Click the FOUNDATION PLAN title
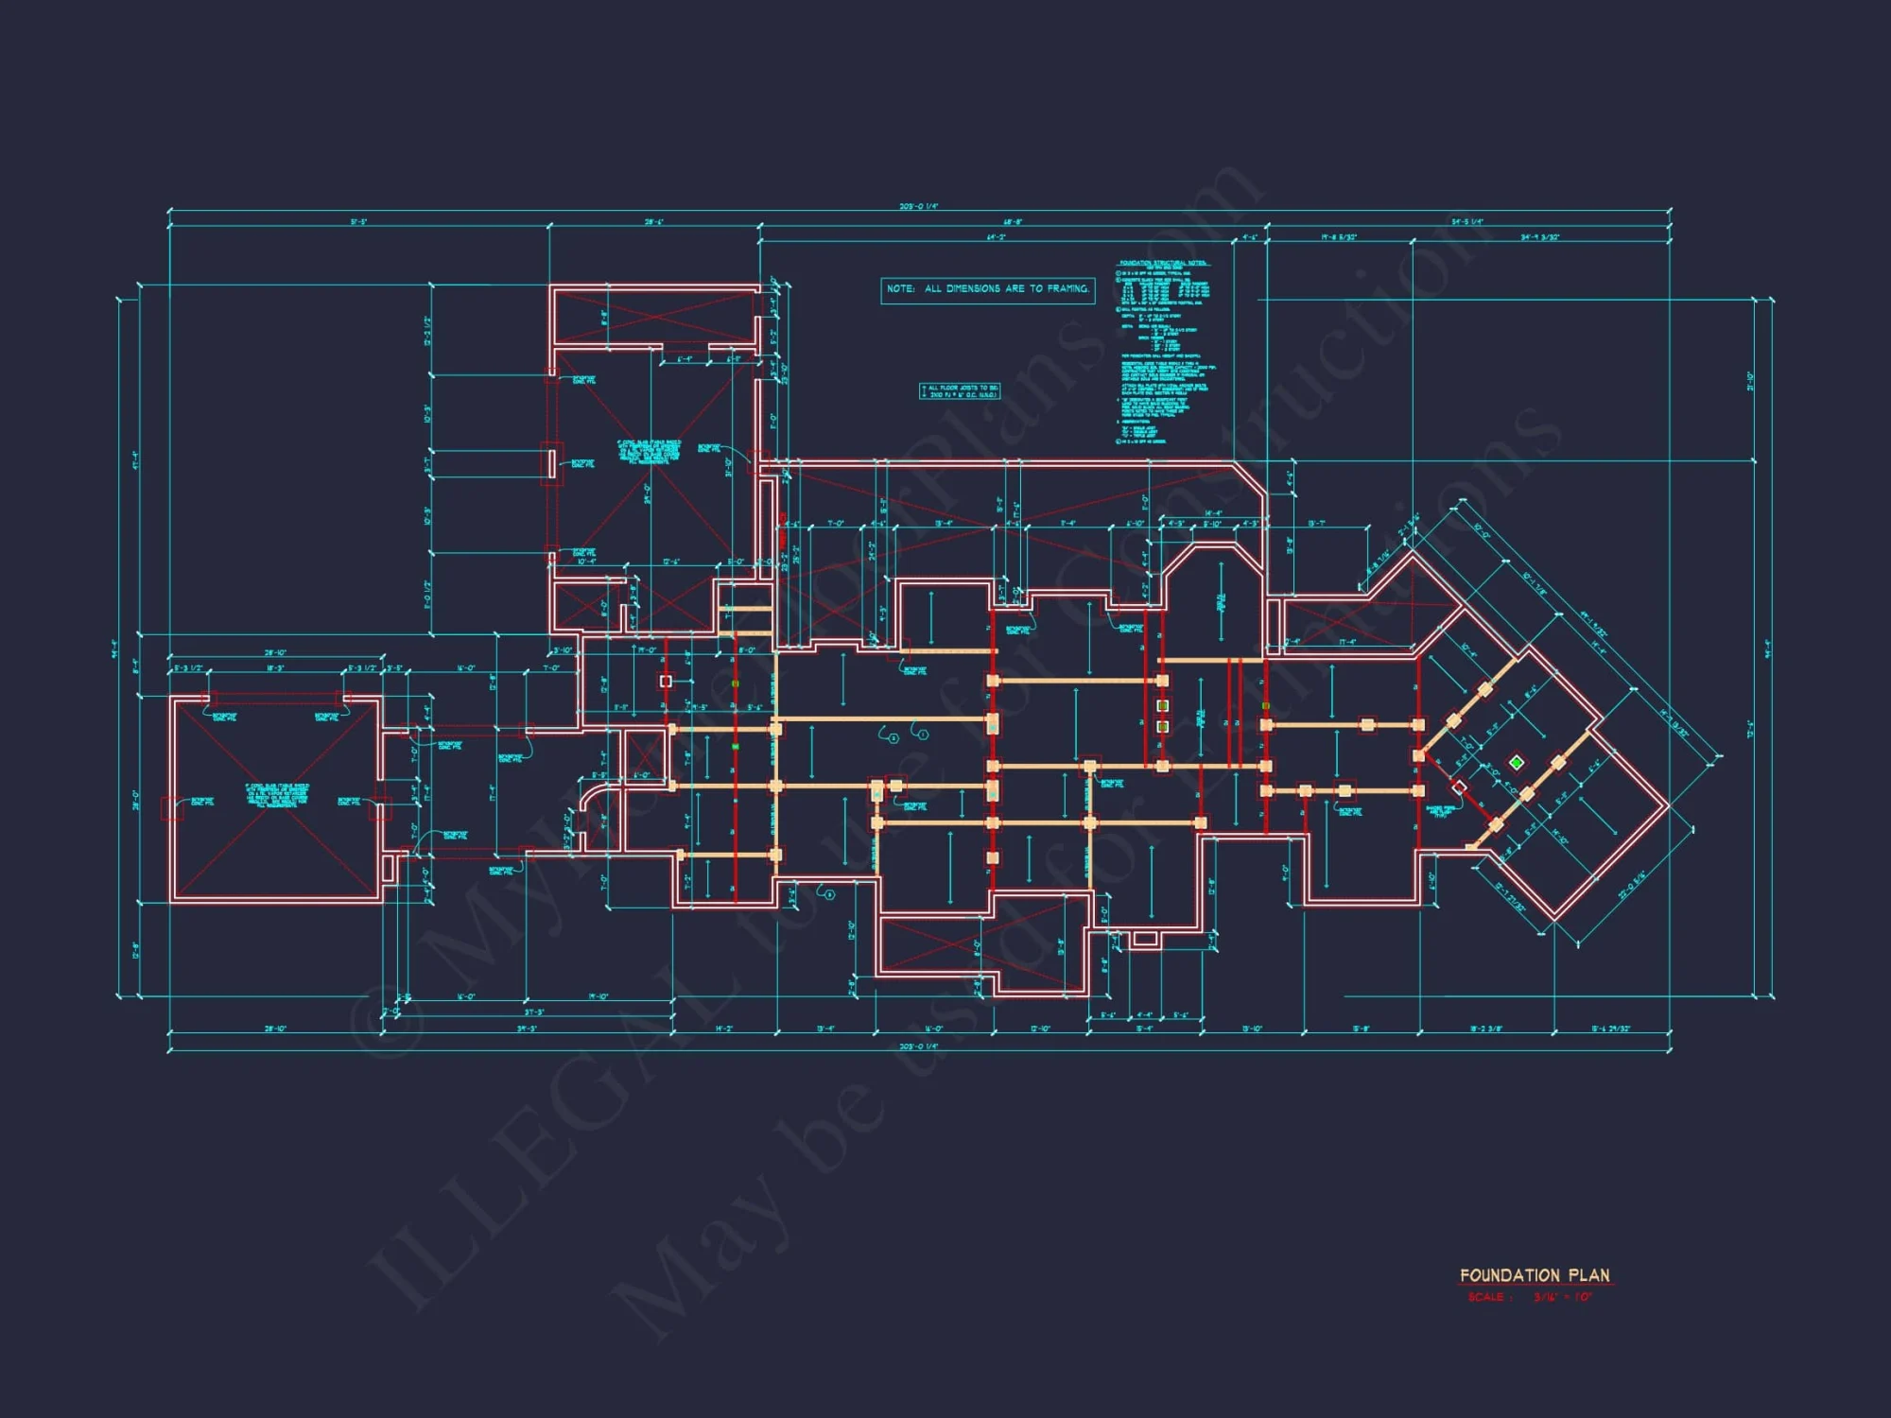tap(1534, 1275)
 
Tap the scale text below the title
tap(1529, 1298)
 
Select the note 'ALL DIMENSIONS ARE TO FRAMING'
tap(987, 289)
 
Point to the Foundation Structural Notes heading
tap(1163, 263)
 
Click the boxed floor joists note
tap(959, 391)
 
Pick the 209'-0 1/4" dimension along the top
tap(918, 206)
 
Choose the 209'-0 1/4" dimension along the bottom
tap(918, 1046)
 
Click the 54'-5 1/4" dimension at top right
tap(1467, 222)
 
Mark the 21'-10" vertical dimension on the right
tap(1750, 380)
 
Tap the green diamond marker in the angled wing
tap(1517, 762)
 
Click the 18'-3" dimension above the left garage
tap(275, 668)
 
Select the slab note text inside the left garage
tap(277, 795)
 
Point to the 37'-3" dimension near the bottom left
tap(534, 1012)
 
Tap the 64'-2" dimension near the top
tap(996, 237)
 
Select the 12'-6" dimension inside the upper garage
tap(671, 562)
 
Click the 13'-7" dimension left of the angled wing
tap(1316, 524)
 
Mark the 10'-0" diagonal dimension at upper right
tap(1481, 530)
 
